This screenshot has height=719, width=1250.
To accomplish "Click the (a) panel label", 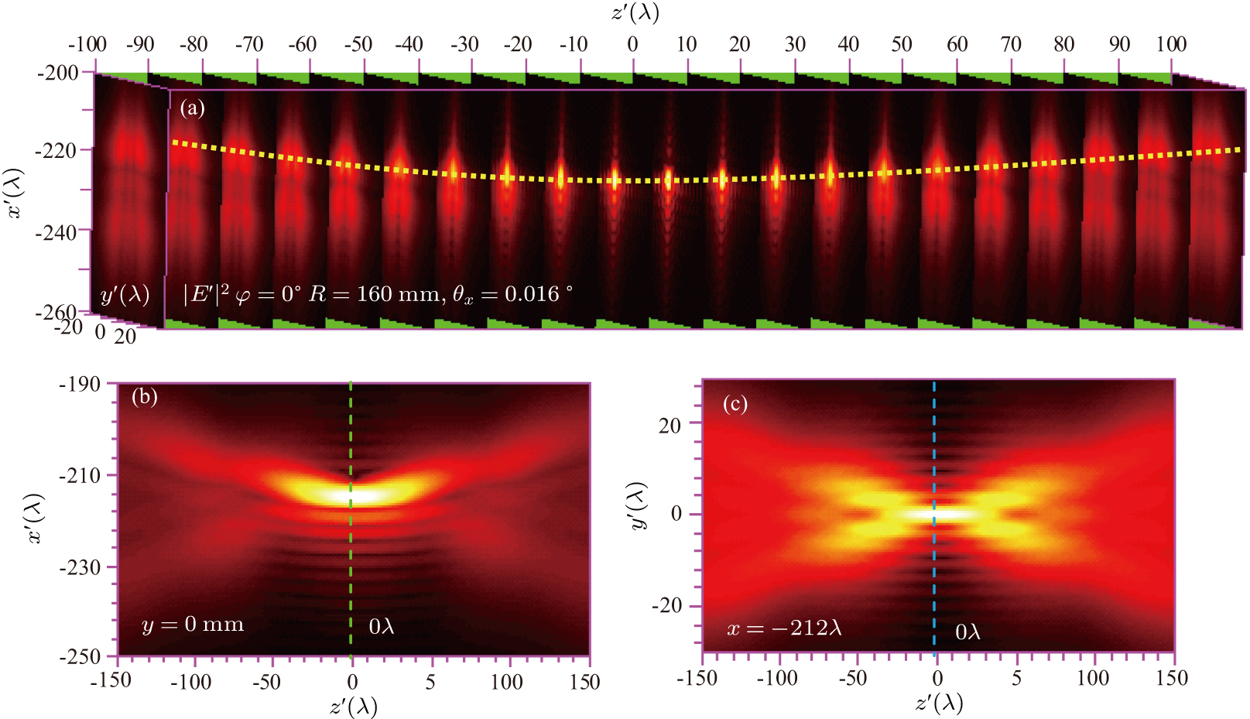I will (192, 108).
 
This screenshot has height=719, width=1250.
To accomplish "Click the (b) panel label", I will (144, 397).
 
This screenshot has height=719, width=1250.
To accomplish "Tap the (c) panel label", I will (735, 404).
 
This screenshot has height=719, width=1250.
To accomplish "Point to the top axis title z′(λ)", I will (634, 12).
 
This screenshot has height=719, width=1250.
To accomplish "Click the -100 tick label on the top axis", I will (87, 44).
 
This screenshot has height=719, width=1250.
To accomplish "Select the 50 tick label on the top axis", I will (902, 44).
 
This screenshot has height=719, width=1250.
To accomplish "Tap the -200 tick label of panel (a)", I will (58, 73).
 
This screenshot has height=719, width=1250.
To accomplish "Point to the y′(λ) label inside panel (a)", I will (125, 295).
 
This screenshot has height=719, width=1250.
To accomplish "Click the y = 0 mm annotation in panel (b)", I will (192, 625).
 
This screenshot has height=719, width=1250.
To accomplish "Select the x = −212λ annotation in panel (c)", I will (783, 628).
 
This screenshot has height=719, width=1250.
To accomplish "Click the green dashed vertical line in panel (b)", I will (351, 557).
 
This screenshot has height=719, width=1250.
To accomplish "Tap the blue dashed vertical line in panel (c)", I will (934, 573).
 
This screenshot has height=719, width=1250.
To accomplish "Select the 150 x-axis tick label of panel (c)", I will (1171, 678).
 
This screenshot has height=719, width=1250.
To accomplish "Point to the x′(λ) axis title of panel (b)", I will (36, 519).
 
